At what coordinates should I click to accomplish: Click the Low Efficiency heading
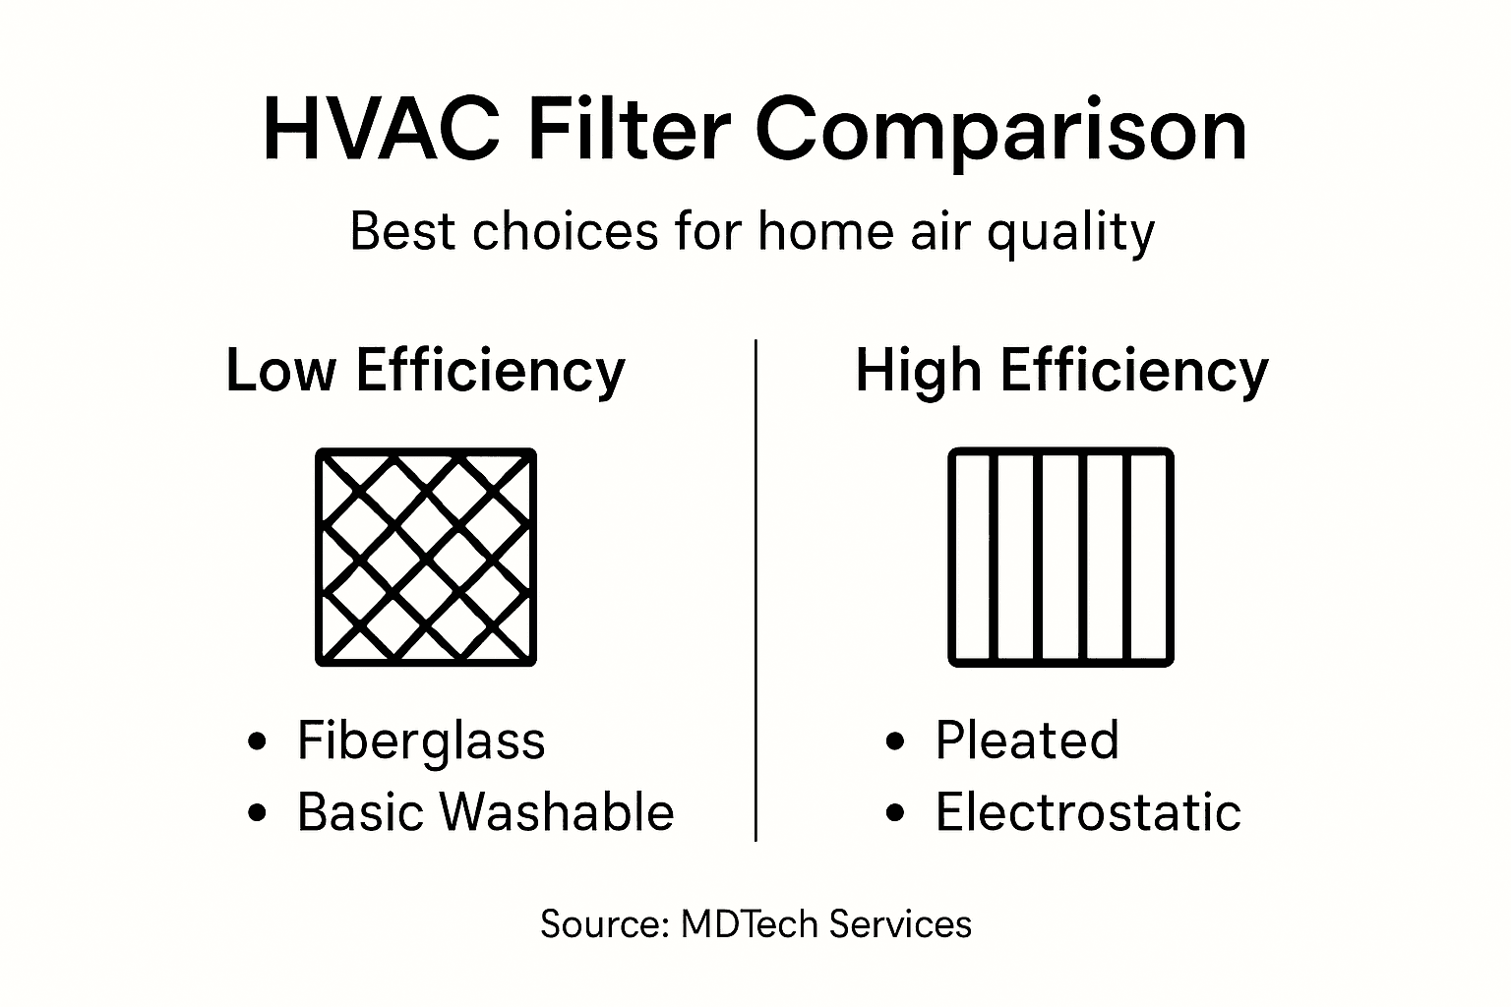click(425, 371)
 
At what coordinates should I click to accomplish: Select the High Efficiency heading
click(1061, 371)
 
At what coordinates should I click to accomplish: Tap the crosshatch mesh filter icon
click(426, 557)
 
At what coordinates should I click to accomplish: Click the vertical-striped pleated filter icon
click(1060, 557)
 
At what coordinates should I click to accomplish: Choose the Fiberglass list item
click(420, 740)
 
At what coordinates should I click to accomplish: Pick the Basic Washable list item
click(485, 812)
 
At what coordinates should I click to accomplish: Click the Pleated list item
click(1026, 740)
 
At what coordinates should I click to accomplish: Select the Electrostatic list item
click(1087, 812)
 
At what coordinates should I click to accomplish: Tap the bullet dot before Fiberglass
click(258, 741)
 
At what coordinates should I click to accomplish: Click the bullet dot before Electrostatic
click(894, 813)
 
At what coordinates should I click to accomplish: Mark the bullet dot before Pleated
click(894, 741)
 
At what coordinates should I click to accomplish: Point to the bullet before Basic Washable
click(258, 813)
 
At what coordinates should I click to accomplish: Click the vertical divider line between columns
click(755, 590)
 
